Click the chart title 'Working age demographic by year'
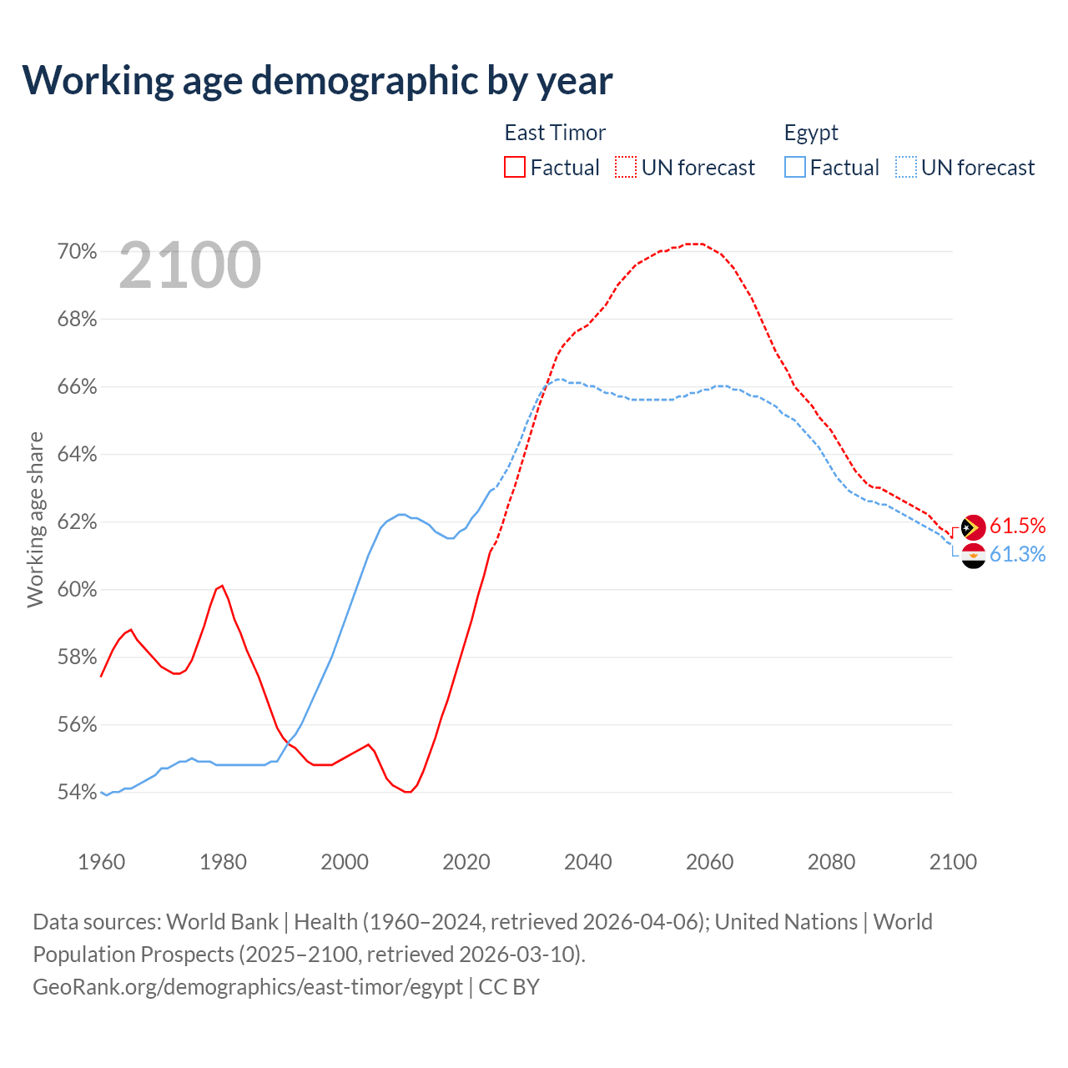317,80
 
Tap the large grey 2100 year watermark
190,265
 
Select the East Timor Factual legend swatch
515,167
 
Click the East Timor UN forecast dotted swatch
626,167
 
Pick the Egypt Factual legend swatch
795,167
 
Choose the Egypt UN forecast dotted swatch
905,167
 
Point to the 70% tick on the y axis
77,251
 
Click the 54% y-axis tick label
77,792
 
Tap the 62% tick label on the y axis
77,521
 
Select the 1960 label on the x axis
101,862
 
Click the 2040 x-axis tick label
587,862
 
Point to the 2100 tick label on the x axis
953,862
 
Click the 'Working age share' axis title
35,519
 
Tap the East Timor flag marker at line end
974,527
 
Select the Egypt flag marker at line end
974,555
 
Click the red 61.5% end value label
1017,526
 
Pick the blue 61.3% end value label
1017,555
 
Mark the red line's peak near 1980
222,586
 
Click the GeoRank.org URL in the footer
248,986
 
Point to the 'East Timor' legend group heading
555,133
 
